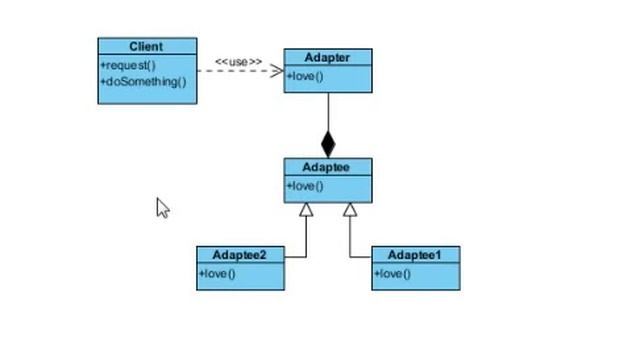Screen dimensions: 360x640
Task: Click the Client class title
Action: coord(147,47)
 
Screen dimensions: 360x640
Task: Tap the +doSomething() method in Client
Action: coord(143,82)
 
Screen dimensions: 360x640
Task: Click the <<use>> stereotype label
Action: coord(238,62)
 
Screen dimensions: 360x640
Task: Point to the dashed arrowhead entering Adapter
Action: coord(277,71)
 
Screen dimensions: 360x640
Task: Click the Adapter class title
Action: coord(327,58)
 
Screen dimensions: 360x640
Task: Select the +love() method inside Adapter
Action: coord(306,76)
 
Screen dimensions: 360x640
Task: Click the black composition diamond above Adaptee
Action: coord(328,143)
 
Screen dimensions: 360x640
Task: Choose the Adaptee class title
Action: coord(327,167)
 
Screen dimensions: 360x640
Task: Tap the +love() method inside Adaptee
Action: coord(306,186)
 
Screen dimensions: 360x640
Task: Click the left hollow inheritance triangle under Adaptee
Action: coord(306,210)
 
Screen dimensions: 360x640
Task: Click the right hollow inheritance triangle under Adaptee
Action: coord(350,210)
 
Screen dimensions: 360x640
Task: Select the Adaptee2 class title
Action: coord(240,255)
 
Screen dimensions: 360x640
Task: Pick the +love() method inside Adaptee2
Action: coord(217,273)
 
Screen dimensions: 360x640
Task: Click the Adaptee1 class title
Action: coord(415,255)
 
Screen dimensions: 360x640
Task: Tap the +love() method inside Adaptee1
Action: coord(393,273)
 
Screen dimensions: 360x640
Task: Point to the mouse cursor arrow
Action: coord(162,206)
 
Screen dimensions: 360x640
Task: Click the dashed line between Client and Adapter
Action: coord(225,71)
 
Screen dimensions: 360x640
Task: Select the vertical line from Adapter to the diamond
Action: coord(328,112)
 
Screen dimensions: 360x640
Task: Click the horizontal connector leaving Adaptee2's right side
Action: coord(295,257)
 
